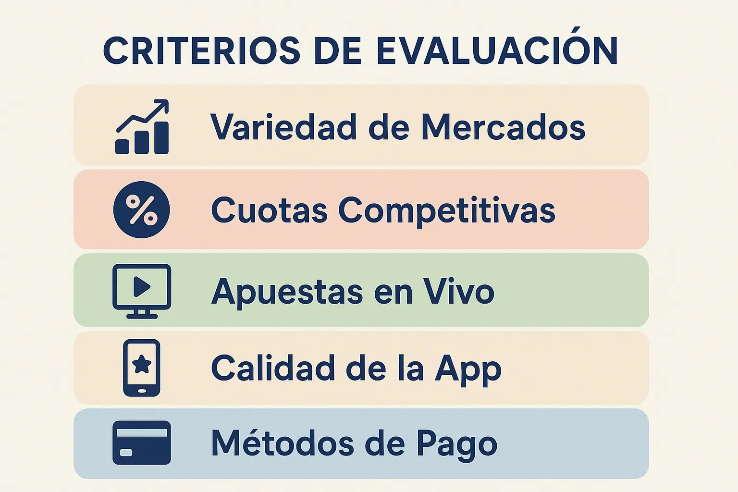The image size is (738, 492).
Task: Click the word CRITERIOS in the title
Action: click(202, 50)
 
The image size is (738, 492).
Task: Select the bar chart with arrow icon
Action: click(142, 127)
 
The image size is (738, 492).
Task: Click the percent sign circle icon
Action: click(141, 209)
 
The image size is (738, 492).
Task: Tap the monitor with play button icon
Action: click(141, 291)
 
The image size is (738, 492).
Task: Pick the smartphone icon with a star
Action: click(141, 368)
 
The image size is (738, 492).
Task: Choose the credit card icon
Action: click(141, 443)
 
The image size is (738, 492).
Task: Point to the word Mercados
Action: click(503, 127)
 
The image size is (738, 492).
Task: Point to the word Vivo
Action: click(458, 291)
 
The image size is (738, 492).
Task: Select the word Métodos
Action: click(283, 443)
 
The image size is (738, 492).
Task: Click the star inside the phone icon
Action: click(142, 365)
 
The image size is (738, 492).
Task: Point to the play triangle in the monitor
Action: click(141, 287)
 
